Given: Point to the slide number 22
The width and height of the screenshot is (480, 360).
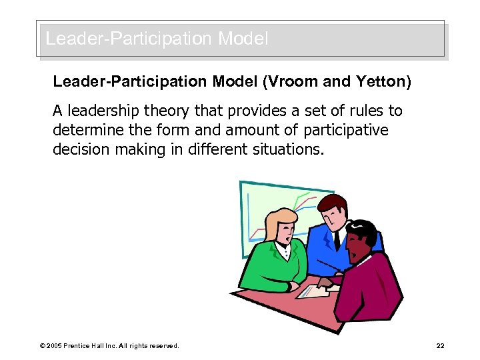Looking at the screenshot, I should point(440,346).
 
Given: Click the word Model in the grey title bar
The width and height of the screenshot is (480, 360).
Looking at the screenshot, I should point(243,39).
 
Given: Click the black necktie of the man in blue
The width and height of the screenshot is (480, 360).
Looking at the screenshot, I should point(337,241).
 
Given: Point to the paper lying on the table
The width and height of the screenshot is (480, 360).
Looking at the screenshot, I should point(313,291).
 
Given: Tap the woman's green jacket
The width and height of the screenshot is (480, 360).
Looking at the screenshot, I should point(267,267).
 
